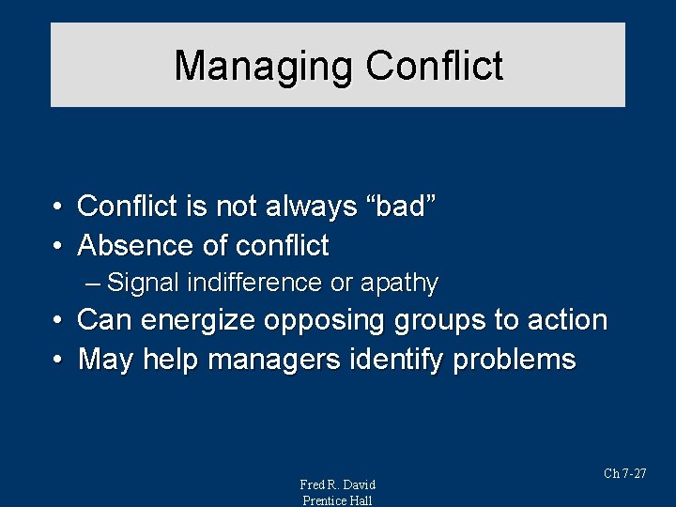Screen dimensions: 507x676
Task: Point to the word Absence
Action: click(136, 246)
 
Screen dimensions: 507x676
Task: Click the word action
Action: click(566, 320)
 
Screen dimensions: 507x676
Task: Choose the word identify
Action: click(404, 360)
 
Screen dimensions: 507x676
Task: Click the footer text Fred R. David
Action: click(337, 484)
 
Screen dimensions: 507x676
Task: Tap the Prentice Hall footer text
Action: click(337, 500)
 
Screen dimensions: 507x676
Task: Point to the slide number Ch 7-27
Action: click(624, 473)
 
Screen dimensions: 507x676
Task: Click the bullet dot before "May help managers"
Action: click(58, 360)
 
